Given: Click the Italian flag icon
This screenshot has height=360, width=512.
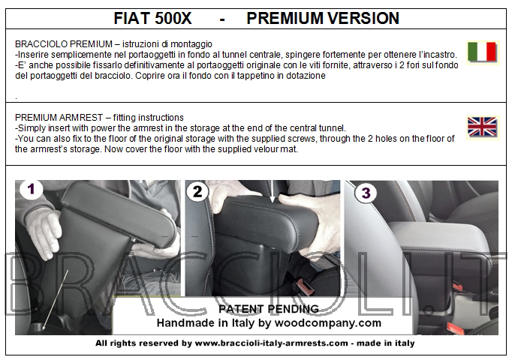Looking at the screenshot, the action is tap(482, 52).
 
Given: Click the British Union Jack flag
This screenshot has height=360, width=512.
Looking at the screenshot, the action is tap(482, 127).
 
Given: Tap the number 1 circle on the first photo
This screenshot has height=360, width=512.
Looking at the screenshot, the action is tap(31, 189).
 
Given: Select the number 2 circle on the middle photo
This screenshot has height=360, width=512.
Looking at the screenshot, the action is tap(197, 191).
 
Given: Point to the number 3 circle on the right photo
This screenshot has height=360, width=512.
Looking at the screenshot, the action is tap(366, 193).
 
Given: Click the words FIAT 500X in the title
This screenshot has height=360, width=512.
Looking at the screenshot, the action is tap(152, 18).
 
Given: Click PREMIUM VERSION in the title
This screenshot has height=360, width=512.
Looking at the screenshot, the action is tap(323, 18).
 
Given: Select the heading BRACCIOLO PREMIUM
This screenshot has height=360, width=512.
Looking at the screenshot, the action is tap(64, 44).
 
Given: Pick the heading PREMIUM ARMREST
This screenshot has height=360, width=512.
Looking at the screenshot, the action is tap(59, 118).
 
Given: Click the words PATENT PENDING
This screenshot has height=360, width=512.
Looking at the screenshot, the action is tap(269, 309).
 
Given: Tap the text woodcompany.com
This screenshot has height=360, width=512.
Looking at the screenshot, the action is tap(328, 323).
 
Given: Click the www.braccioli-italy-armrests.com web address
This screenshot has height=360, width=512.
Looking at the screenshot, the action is tap(271, 343).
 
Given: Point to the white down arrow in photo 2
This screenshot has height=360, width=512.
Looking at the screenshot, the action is tap(273, 192).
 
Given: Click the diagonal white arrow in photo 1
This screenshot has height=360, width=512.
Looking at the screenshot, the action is tap(56, 299).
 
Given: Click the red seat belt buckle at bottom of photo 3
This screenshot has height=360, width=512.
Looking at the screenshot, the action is tap(455, 328).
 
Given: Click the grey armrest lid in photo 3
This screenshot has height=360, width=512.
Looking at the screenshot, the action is tap(441, 234).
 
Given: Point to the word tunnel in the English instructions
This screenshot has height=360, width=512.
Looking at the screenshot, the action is tap(332, 127).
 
